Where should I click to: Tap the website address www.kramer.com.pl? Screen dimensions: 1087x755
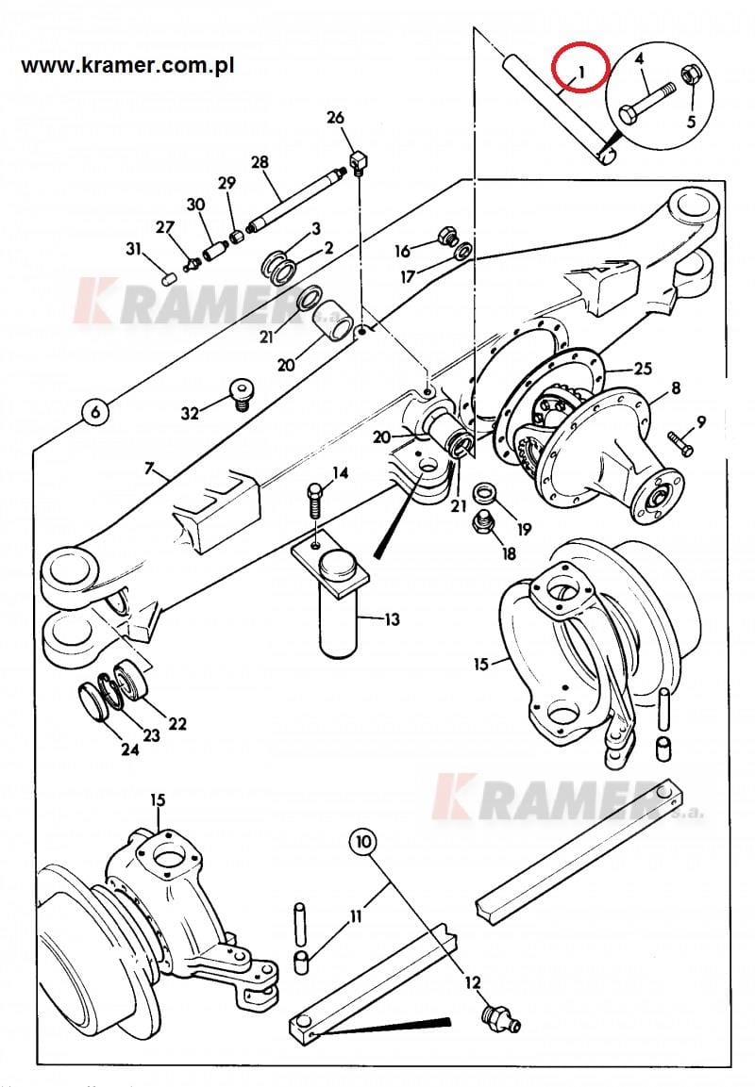coord(128,66)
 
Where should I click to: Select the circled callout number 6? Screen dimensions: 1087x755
coord(93,411)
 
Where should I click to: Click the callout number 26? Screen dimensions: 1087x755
coord(336,118)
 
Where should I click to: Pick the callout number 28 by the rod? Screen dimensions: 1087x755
coord(260,163)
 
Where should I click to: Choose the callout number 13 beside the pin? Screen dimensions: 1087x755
coord(392,619)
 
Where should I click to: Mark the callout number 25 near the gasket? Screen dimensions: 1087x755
coord(644,369)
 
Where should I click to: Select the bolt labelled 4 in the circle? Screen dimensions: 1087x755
coord(648,101)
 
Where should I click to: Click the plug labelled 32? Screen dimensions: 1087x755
coord(241,392)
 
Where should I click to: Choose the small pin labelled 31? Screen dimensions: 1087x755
coord(169,277)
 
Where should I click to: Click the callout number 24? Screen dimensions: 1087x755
coord(129,749)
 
